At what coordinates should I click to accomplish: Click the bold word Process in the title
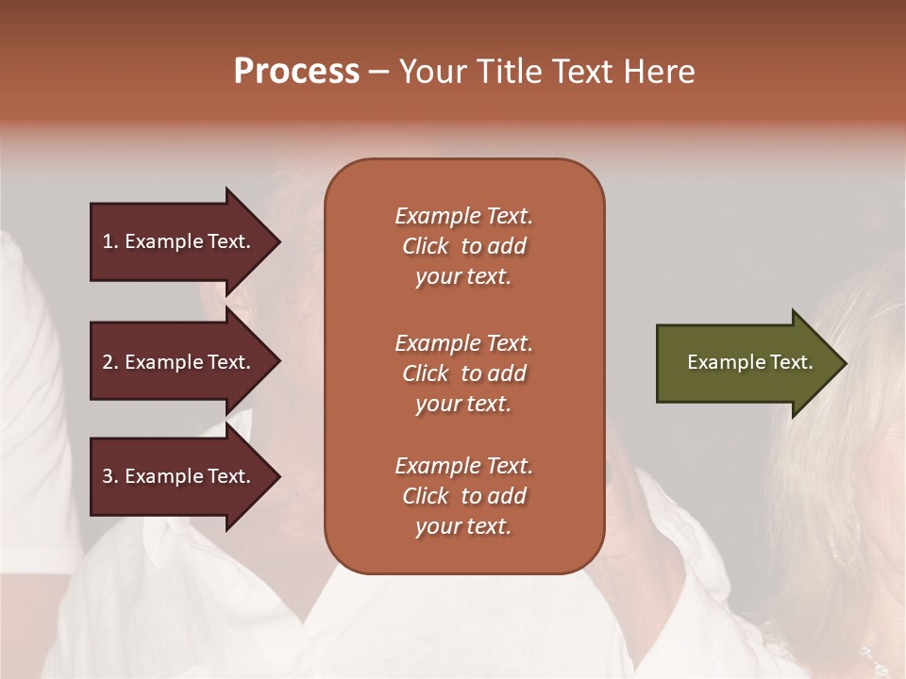click(x=296, y=72)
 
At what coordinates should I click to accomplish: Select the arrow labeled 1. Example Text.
click(x=179, y=241)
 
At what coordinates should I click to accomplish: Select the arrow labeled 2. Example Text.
click(x=179, y=362)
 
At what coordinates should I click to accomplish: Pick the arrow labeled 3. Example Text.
click(x=179, y=476)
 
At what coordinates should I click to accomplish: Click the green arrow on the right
click(x=746, y=363)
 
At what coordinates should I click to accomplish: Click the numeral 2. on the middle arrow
click(x=110, y=362)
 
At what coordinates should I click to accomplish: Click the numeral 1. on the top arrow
click(x=110, y=241)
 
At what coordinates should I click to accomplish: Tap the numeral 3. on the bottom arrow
click(x=110, y=476)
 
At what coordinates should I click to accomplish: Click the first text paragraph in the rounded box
click(x=463, y=246)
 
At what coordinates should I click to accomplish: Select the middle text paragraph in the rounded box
click(x=463, y=373)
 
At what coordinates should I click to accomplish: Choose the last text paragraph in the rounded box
click(x=463, y=496)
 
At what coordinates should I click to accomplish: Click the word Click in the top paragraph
click(x=426, y=246)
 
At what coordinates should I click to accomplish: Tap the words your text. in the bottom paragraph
click(x=463, y=526)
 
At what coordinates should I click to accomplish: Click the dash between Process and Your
click(x=378, y=73)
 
